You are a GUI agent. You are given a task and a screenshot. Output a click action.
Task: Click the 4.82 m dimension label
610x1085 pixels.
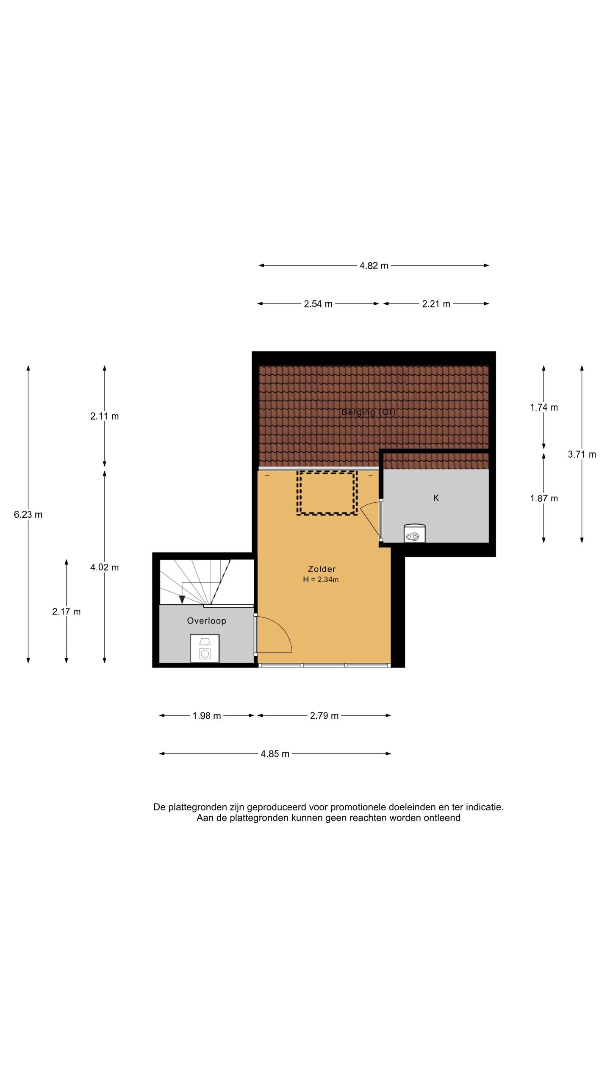pyautogui.click(x=374, y=266)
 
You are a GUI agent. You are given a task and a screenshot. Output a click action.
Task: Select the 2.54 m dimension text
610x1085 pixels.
pyautogui.click(x=318, y=304)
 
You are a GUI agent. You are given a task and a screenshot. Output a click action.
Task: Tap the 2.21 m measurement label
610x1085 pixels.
pyautogui.click(x=436, y=304)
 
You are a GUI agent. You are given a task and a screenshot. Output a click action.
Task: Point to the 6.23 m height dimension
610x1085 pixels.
pyautogui.click(x=28, y=515)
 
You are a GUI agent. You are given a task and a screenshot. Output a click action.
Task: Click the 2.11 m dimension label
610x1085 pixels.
pyautogui.click(x=105, y=416)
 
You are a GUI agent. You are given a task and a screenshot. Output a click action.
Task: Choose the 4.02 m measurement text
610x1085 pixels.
pyautogui.click(x=105, y=567)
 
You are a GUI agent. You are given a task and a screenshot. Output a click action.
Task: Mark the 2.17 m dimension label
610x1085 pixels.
pyautogui.click(x=67, y=612)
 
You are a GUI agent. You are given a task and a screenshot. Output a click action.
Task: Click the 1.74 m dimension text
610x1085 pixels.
pyautogui.click(x=544, y=407)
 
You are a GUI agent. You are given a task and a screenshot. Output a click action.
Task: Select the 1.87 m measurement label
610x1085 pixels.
pyautogui.click(x=544, y=498)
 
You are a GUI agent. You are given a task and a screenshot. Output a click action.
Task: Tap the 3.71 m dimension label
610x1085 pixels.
pyautogui.click(x=582, y=454)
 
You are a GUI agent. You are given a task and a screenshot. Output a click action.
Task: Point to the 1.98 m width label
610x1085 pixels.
pyautogui.click(x=207, y=716)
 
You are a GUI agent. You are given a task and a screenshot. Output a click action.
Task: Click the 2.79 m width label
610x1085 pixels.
pyautogui.click(x=324, y=716)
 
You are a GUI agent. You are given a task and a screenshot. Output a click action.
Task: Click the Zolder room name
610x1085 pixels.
pyautogui.click(x=322, y=569)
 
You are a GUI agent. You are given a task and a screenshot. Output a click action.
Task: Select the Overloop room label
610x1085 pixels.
pyautogui.click(x=207, y=621)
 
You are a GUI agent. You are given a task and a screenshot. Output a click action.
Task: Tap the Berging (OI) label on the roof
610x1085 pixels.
pyautogui.click(x=369, y=412)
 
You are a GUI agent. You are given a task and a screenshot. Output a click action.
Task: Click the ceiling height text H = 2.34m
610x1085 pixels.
pyautogui.click(x=321, y=579)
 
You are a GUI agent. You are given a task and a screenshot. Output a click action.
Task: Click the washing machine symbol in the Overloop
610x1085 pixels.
pyautogui.click(x=205, y=648)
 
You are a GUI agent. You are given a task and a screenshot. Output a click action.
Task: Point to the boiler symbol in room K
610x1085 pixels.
pyautogui.click(x=414, y=533)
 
